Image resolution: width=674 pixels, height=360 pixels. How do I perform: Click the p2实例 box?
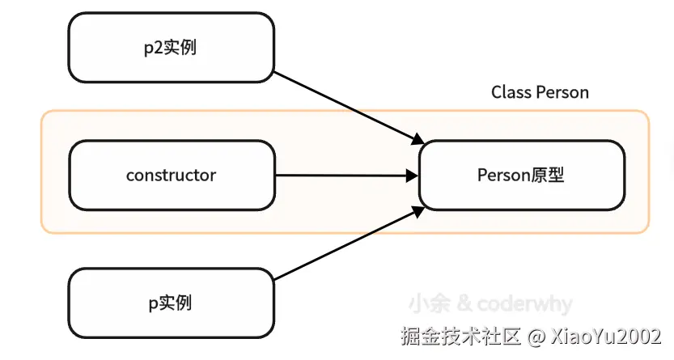(x=172, y=47)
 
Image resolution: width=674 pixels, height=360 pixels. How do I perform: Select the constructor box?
(x=172, y=175)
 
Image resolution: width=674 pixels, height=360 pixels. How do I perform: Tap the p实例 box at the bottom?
(x=172, y=303)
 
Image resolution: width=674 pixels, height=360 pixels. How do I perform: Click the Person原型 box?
(x=521, y=175)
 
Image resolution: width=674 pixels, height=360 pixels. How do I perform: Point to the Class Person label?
(x=540, y=92)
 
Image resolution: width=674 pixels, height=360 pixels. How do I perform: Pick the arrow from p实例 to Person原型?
(x=348, y=243)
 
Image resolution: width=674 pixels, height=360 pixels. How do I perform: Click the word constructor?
(x=172, y=175)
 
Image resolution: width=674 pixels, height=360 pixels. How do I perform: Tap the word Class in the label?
(x=510, y=92)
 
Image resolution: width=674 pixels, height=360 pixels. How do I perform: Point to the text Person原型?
(x=521, y=175)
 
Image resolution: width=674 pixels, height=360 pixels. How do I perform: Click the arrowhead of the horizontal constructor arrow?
(x=412, y=175)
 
